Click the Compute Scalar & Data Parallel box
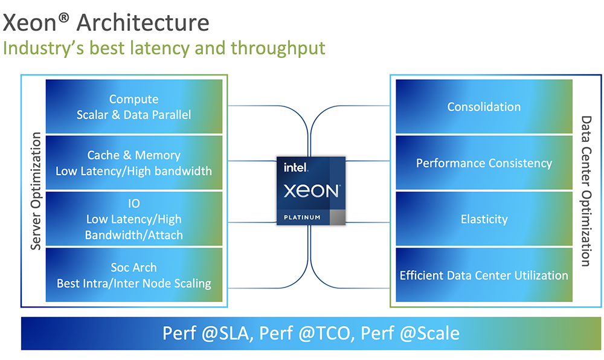[x=133, y=106]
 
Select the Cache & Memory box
[x=133, y=163]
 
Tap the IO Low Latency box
[x=133, y=219]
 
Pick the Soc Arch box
[x=133, y=275]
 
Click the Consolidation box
[x=484, y=107]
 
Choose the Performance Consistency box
[x=484, y=163]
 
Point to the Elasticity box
[x=484, y=219]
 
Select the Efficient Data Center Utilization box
[x=484, y=275]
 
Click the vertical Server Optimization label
[x=35, y=190]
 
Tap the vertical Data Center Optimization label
[x=585, y=190]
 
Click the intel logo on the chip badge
[x=297, y=169]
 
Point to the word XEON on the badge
[x=311, y=191]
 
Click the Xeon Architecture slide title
[x=106, y=22]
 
